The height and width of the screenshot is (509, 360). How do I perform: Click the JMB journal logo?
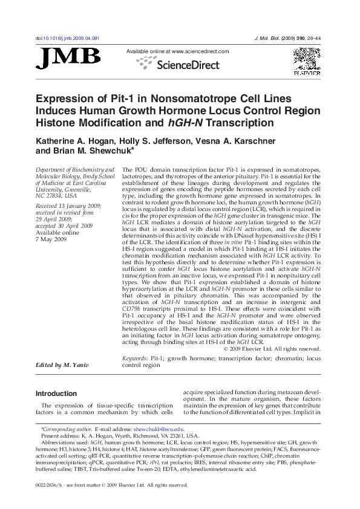[x=68, y=57]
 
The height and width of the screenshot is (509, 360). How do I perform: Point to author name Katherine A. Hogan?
[x=70, y=141]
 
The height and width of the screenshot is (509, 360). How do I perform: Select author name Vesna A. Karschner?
[x=244, y=141]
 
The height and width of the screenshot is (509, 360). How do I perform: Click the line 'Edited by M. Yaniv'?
[x=62, y=365]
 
